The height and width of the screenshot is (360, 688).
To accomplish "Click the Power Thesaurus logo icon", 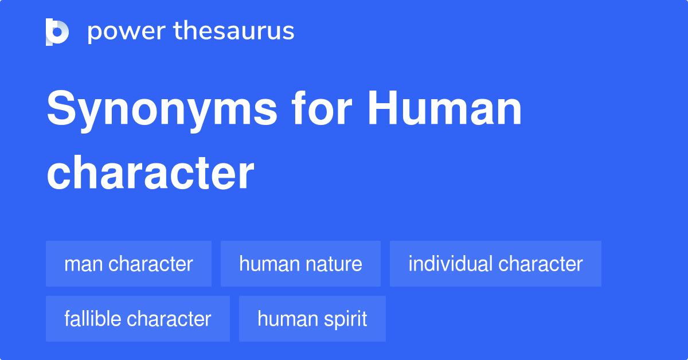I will (x=57, y=32).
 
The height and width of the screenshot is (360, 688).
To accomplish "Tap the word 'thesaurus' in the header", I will (x=234, y=32).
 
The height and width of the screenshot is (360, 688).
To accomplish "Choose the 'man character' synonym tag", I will (x=128, y=264).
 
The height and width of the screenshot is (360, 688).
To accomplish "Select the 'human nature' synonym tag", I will (x=300, y=264).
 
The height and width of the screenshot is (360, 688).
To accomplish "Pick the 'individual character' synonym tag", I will (x=495, y=264).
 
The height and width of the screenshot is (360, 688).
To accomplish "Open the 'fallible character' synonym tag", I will (x=138, y=319).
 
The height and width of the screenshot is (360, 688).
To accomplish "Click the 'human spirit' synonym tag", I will (x=312, y=319).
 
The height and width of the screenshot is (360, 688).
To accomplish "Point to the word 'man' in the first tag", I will (x=84, y=264).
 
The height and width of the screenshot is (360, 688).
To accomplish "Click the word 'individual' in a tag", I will (x=451, y=264).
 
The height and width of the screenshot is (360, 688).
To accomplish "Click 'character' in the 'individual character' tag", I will (x=541, y=264).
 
